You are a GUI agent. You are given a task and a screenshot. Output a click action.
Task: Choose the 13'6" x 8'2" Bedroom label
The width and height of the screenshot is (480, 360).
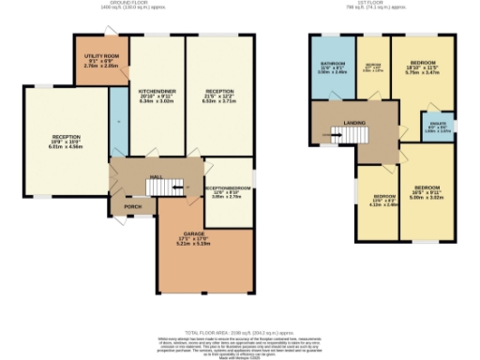click(x=376, y=199)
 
